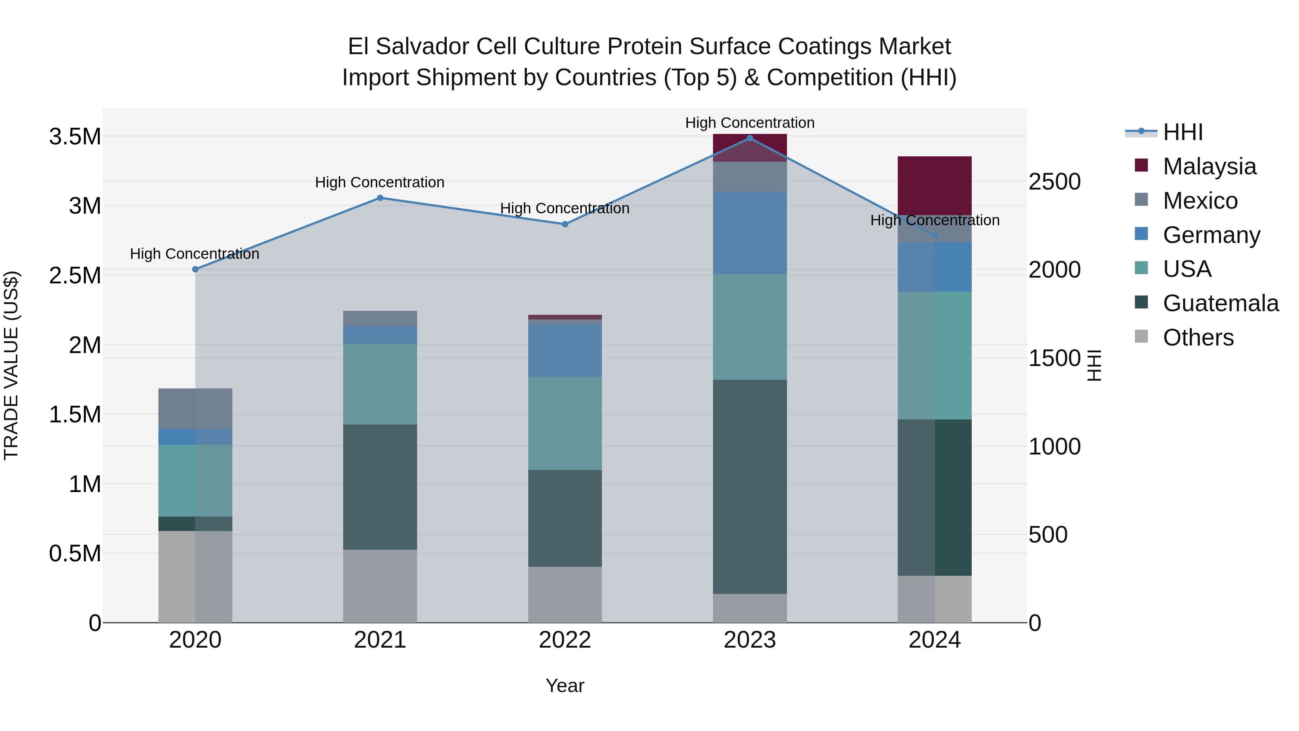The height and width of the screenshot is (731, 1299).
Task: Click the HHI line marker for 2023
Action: (749, 138)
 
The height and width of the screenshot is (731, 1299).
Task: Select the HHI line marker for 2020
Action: (195, 269)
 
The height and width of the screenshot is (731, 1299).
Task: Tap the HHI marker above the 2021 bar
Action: (380, 198)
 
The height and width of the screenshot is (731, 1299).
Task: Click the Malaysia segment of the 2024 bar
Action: (935, 186)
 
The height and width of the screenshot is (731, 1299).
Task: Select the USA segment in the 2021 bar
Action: (380, 384)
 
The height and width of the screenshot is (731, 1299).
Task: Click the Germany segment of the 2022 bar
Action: (565, 350)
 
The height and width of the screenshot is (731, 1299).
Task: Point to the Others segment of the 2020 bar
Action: (195, 576)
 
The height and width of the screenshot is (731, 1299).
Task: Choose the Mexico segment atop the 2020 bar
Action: (195, 409)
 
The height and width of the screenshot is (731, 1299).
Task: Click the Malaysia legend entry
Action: (1209, 166)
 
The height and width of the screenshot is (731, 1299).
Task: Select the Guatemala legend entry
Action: (1220, 303)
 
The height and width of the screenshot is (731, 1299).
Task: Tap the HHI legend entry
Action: (1182, 132)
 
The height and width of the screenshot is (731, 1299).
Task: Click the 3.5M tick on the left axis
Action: (75, 137)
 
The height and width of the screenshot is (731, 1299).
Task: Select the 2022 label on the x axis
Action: (565, 640)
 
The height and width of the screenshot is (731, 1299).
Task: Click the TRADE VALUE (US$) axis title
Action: (11, 365)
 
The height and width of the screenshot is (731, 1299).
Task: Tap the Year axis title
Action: (565, 686)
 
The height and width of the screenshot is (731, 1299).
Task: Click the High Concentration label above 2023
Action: (749, 123)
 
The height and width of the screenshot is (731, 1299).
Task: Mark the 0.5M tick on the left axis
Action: (75, 554)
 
